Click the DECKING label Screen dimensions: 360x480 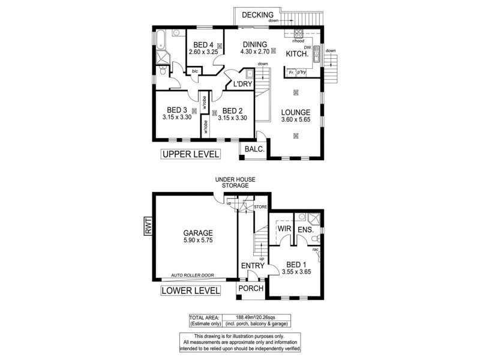257,15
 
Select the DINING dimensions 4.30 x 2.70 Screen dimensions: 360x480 256,52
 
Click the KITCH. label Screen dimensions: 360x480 297,54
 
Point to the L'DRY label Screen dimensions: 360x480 242,85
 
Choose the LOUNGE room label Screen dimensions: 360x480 295,112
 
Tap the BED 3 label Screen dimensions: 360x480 177,110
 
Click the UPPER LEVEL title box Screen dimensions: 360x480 190,155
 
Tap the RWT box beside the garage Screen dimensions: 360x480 147,227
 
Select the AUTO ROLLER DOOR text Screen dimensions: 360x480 194,276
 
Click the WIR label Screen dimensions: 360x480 284,229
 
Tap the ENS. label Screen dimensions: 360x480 306,229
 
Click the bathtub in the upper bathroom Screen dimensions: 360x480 161,40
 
